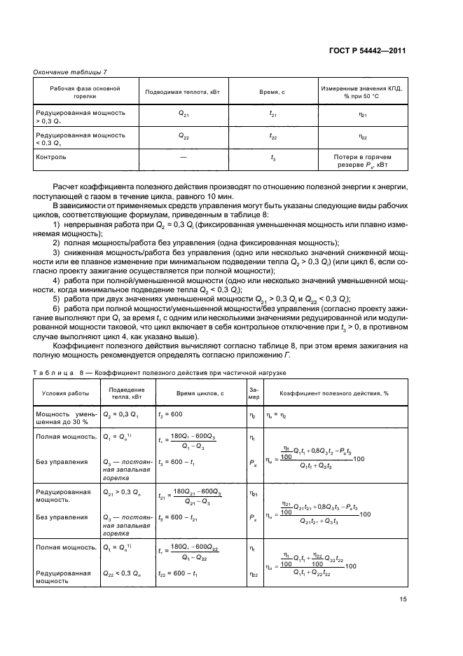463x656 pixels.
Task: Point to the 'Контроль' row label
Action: [51, 157]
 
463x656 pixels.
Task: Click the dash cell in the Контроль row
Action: [183, 158]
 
